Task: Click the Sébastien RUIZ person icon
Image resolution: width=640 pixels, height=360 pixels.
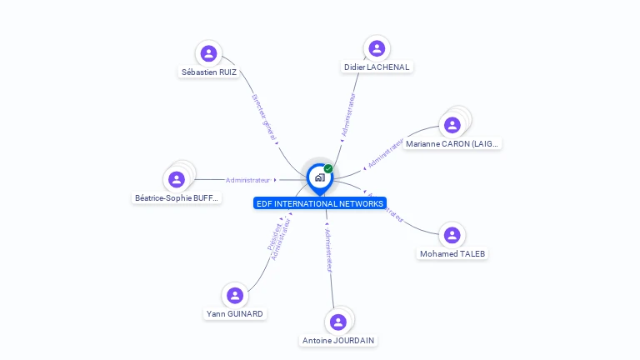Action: [x=209, y=54]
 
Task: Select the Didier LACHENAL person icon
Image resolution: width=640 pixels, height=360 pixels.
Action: [x=377, y=48]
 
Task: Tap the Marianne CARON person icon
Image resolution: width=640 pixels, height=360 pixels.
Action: [x=452, y=125]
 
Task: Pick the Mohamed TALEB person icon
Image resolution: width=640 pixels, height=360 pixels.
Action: [x=452, y=235]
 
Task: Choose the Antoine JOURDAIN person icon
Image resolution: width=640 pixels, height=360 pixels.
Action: [x=337, y=322]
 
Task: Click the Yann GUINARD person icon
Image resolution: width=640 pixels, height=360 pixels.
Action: [x=235, y=295]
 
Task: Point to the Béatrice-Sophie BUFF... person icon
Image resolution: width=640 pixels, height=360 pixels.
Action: [x=177, y=179]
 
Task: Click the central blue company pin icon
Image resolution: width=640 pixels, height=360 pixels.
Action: [x=319, y=177]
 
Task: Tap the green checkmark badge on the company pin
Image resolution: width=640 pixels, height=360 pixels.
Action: [x=328, y=168]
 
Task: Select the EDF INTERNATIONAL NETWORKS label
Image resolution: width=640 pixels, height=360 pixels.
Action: [x=320, y=203]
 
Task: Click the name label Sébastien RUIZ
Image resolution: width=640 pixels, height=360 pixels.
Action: [x=209, y=72]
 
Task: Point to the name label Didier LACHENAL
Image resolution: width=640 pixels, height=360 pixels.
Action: [x=377, y=67]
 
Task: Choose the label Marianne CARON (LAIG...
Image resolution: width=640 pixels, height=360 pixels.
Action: [x=452, y=143]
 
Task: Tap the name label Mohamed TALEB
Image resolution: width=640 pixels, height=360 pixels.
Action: [x=452, y=253]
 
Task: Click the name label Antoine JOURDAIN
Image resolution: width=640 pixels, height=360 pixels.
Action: [x=338, y=340]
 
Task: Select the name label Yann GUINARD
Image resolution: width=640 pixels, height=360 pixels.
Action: [x=235, y=313]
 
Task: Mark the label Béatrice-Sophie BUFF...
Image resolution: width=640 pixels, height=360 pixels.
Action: [x=177, y=197]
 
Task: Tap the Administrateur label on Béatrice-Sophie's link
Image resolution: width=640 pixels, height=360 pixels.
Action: [x=248, y=180]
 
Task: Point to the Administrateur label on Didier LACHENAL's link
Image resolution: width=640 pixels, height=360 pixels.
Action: [x=350, y=114]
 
